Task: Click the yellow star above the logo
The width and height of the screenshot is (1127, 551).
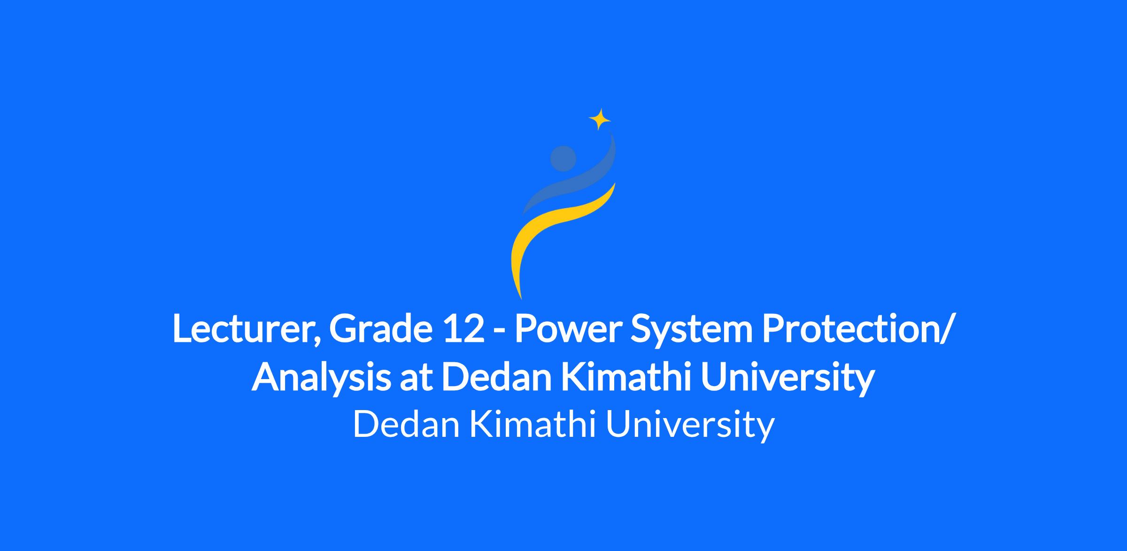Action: [x=600, y=119]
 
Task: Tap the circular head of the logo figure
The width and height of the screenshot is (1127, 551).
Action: [x=563, y=158]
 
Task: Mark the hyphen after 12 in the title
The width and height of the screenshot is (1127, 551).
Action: [x=499, y=333]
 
